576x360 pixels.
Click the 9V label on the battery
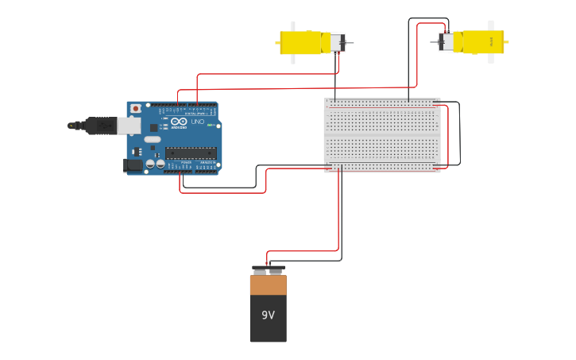pos(268,315)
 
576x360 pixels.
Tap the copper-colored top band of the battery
pos(268,285)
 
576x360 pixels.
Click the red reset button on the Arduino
pos(135,108)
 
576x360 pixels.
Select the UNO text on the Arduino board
pos(198,122)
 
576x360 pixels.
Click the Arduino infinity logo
pos(179,122)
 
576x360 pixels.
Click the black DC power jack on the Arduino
pos(133,165)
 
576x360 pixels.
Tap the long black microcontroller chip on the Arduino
pos(191,153)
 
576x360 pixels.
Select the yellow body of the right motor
pos(483,42)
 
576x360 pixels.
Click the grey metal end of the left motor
pos(338,43)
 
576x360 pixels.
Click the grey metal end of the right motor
pos(447,42)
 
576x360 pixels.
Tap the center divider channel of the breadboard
pos(382,135)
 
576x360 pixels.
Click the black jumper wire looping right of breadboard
pos(459,135)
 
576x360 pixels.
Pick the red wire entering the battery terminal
pos(268,259)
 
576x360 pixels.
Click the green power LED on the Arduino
pos(210,125)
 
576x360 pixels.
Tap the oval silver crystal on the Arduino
pos(152,139)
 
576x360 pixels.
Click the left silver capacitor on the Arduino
pos(150,164)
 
